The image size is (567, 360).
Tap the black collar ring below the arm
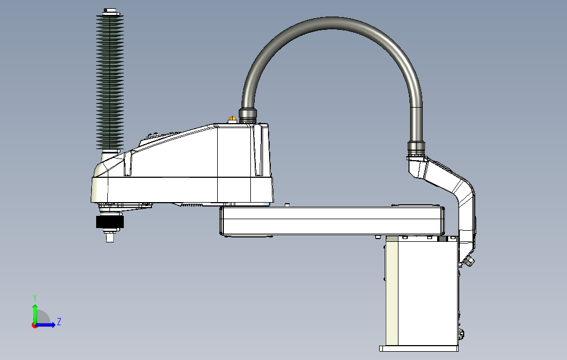(110, 222)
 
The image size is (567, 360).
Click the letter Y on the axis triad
(35, 298)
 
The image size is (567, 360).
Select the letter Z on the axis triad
(59, 321)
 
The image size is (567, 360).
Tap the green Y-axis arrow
(35, 313)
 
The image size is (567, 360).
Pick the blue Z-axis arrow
(46, 325)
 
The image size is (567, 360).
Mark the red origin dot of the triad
(34, 325)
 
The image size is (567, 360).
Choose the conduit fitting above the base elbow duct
(416, 146)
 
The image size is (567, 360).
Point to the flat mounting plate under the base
(419, 348)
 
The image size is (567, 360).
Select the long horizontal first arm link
(332, 220)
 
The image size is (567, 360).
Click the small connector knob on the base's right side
(469, 261)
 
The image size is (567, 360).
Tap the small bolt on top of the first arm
(287, 204)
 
